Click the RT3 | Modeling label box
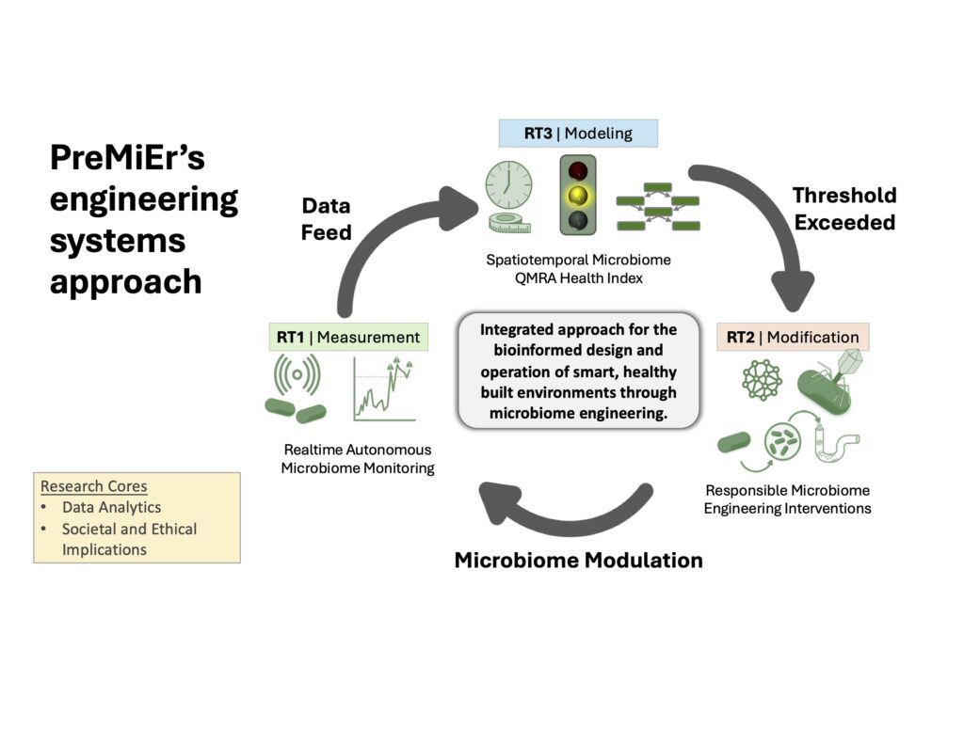coord(578,134)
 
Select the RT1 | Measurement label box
coord(347,337)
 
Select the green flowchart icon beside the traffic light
coord(657,206)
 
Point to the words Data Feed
coord(326,218)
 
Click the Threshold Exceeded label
coord(843,209)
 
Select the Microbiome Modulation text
coord(578,561)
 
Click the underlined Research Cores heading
coord(93,486)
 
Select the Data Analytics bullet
coord(111,507)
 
